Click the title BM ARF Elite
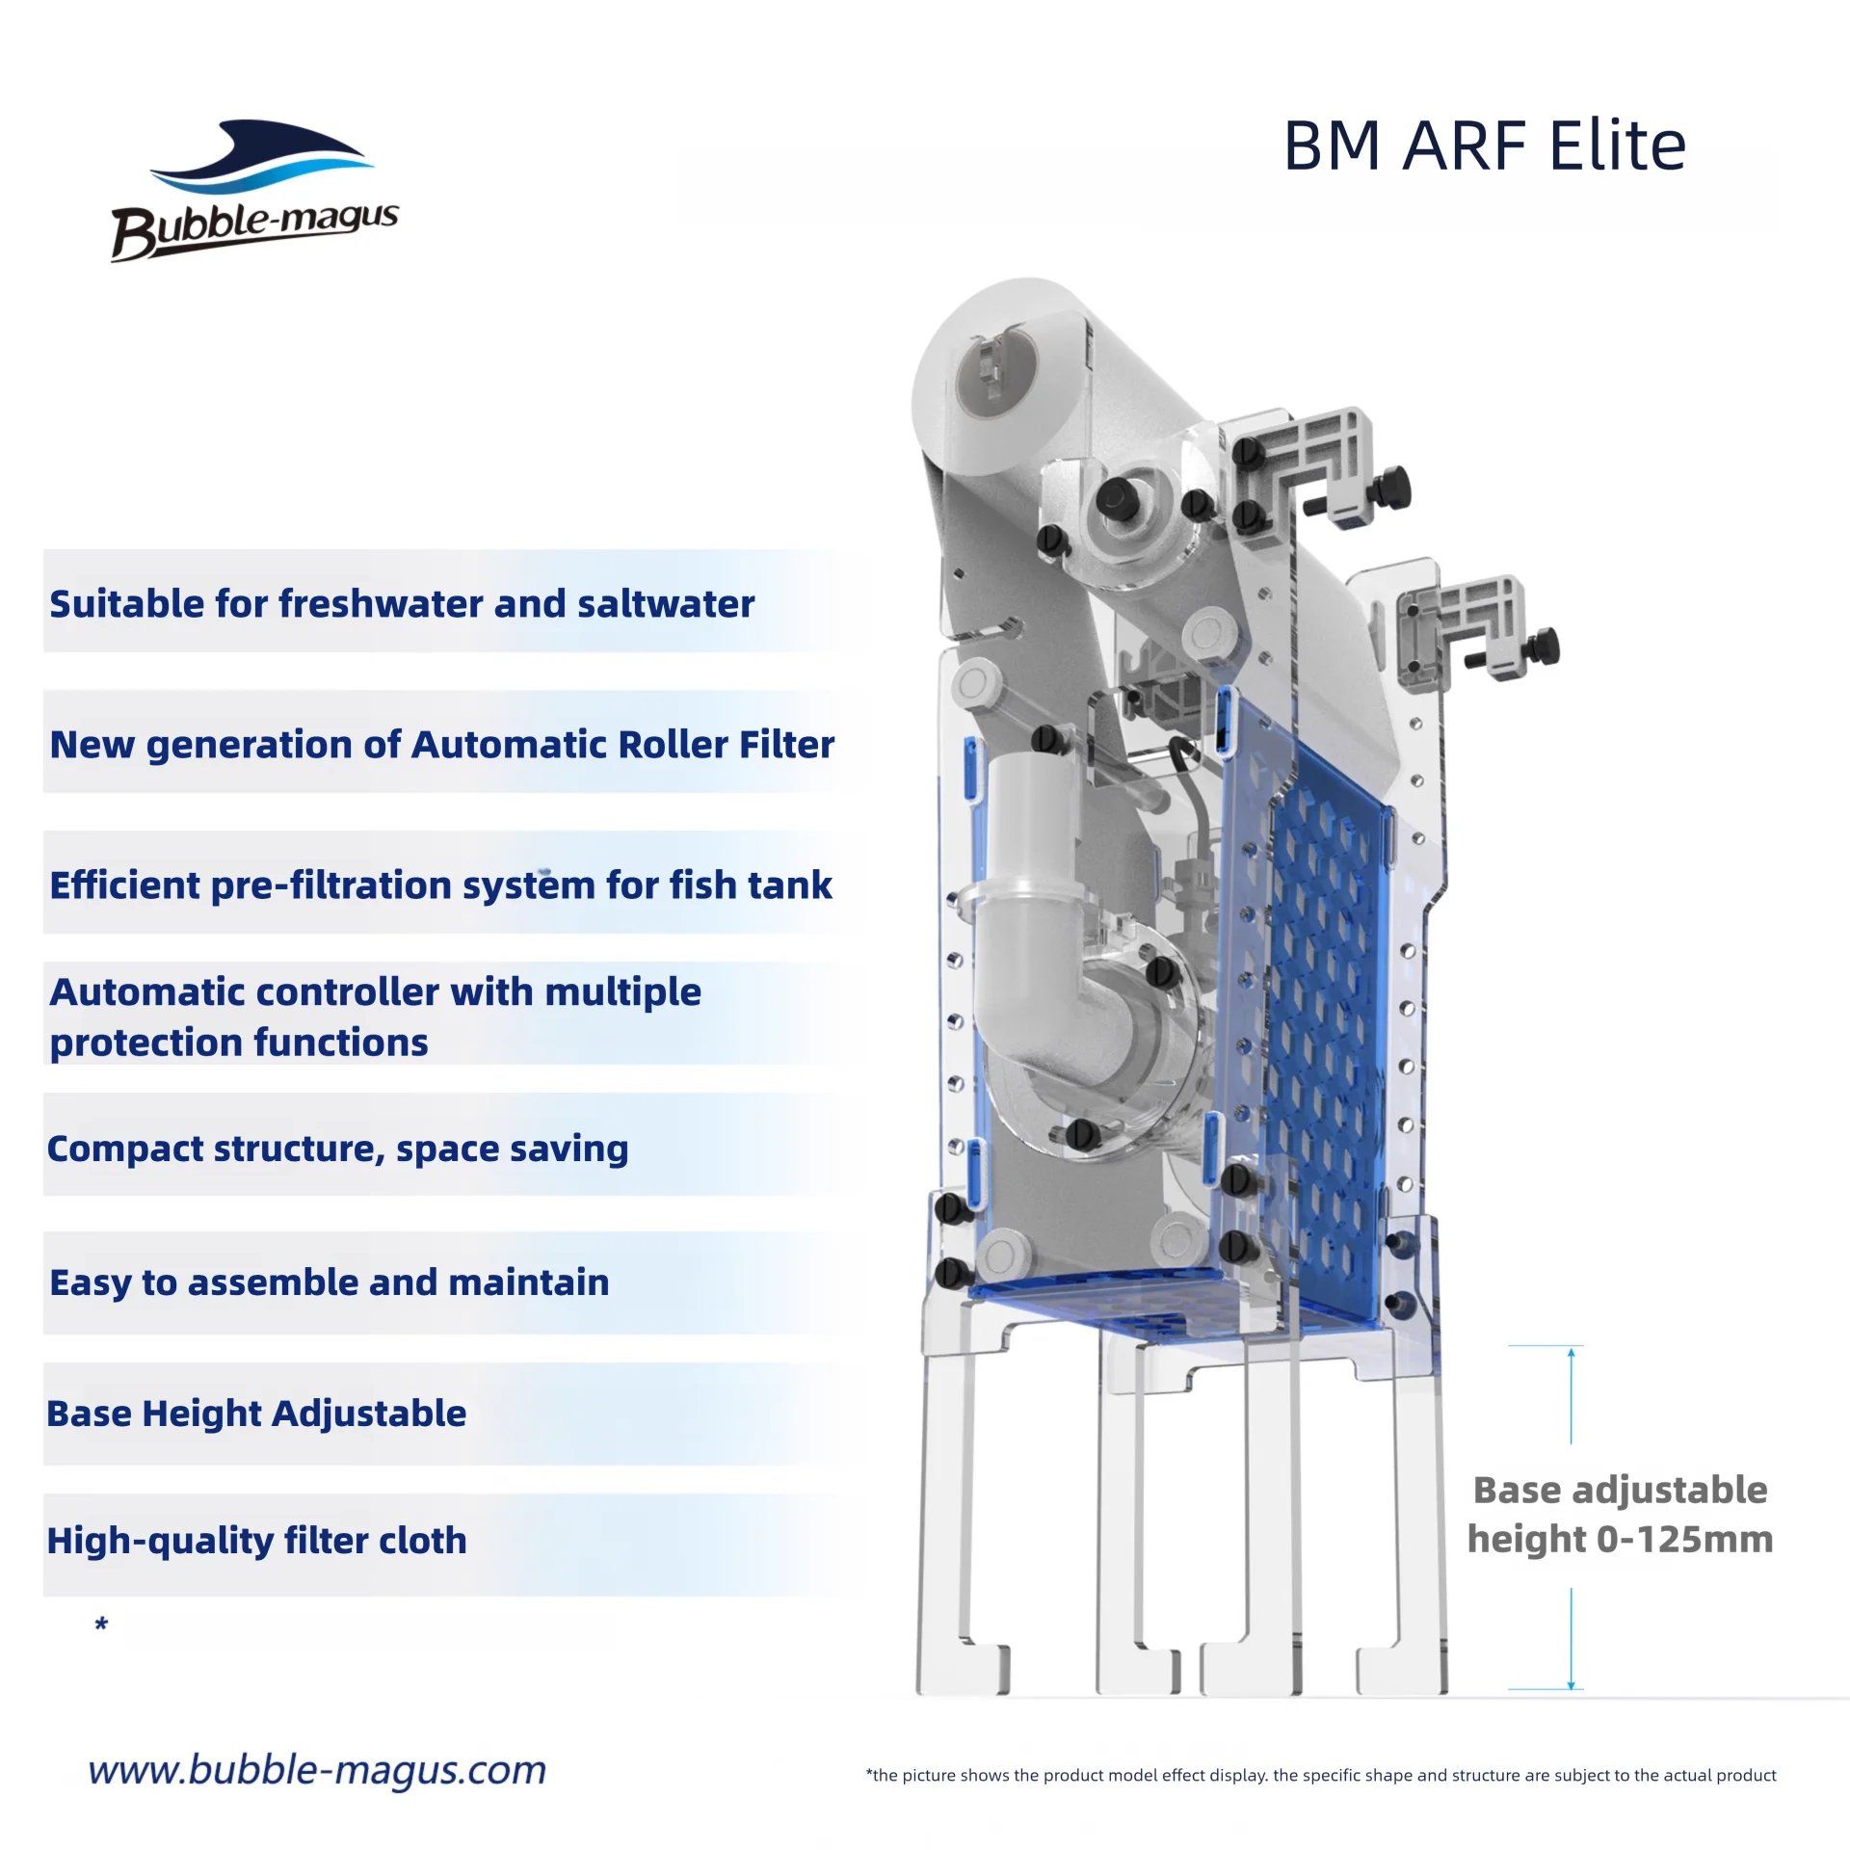coord(1485,146)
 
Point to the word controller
coord(335,992)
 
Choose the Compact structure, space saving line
coord(337,1149)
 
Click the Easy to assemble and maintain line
coord(329,1282)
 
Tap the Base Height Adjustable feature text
coord(256,1414)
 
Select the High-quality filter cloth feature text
coord(256,1541)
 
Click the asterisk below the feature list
coord(101,1625)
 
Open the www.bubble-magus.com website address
coord(317,1770)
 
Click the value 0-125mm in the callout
coord(1684,1540)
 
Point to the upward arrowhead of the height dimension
coord(1571,1354)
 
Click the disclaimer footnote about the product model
coord(1320,1775)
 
